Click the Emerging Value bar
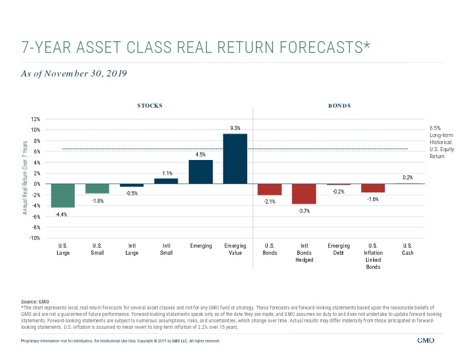(235, 159)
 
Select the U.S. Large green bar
(63, 195)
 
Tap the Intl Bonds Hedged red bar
(304, 194)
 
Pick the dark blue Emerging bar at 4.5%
(201, 172)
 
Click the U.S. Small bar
(97, 189)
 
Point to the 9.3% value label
(235, 128)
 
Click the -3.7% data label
(304, 211)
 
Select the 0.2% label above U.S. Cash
(407, 177)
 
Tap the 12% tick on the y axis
(35, 119)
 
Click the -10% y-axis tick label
(35, 238)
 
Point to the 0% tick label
(37, 184)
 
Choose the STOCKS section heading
(150, 105)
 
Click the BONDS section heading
(339, 105)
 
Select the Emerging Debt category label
(338, 249)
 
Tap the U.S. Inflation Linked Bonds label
(373, 256)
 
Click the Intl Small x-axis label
(167, 249)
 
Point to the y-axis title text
(25, 178)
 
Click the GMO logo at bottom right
(425, 341)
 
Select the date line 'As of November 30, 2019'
(74, 74)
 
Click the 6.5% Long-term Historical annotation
(442, 142)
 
